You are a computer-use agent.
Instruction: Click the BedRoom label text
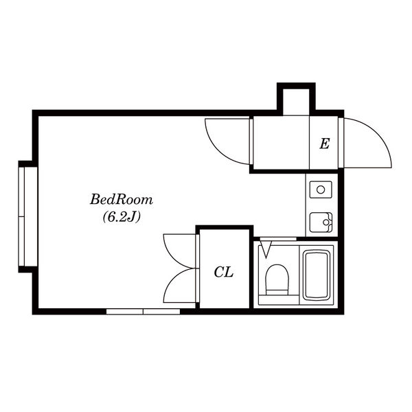122,200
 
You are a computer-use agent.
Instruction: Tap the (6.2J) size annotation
122,217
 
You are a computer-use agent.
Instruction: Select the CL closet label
224,272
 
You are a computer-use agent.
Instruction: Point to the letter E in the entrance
325,144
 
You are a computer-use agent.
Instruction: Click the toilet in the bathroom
277,279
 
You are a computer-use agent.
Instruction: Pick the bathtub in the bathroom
317,275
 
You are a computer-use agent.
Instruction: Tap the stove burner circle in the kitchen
321,190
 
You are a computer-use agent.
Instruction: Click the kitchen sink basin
321,222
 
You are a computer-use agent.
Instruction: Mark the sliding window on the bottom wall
144,312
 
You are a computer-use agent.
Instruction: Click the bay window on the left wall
28,217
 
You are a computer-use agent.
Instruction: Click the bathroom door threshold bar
278,239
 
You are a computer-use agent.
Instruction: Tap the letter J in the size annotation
132,216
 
